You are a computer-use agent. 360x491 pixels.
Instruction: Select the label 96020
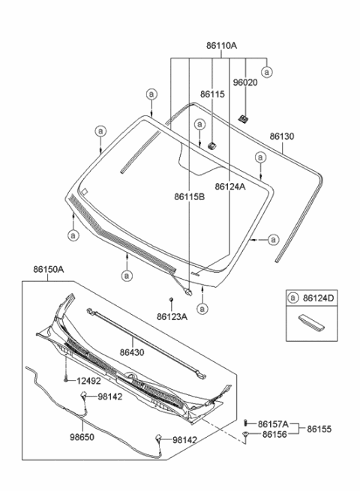pyautogui.click(x=244, y=83)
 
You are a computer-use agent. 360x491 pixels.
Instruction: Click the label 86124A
pyautogui.click(x=229, y=187)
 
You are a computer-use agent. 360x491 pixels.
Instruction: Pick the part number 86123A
pyautogui.click(x=172, y=317)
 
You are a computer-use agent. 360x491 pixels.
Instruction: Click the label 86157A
pyautogui.click(x=274, y=424)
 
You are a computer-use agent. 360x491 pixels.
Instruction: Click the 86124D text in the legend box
pyautogui.click(x=319, y=298)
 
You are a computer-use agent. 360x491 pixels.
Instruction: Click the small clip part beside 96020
pyautogui.click(x=244, y=118)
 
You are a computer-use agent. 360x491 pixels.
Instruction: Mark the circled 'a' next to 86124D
pyautogui.click(x=293, y=298)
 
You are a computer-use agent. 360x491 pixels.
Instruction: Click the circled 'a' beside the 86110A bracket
pyautogui.click(x=267, y=71)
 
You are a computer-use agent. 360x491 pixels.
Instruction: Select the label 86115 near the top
pyautogui.click(x=211, y=94)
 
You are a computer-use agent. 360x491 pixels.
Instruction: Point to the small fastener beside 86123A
pyautogui.click(x=172, y=300)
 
